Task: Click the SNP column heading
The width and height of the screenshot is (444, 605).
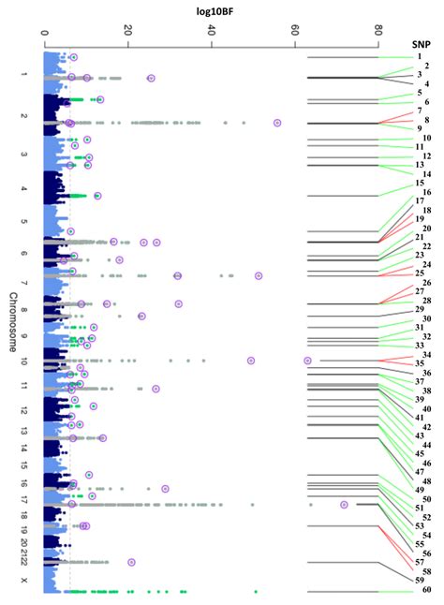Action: click(422, 44)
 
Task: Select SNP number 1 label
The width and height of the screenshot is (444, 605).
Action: click(419, 57)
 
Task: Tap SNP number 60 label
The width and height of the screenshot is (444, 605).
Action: click(426, 591)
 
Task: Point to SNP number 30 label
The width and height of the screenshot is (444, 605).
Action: click(426, 319)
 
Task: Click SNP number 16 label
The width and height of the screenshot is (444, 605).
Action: click(426, 192)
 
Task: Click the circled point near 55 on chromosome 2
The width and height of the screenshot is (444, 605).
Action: click(277, 123)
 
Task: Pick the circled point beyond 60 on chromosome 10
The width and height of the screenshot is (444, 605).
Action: click(307, 361)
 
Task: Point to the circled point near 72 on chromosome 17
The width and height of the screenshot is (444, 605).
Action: click(345, 505)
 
